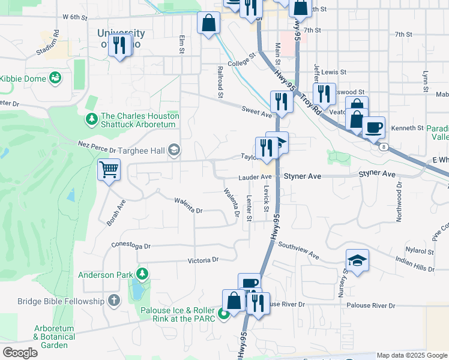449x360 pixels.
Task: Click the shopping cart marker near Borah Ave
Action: coord(109,170)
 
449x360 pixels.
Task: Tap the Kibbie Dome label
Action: coord(23,78)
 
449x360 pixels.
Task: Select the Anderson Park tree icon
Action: coord(142,275)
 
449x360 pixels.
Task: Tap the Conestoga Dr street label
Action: coord(130,245)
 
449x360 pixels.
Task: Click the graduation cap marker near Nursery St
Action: coord(357,260)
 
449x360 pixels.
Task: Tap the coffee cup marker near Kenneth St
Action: coord(373,127)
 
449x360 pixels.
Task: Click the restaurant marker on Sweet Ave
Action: coord(281,101)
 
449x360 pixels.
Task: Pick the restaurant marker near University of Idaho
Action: coord(120,45)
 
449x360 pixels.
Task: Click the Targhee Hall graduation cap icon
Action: coord(174,150)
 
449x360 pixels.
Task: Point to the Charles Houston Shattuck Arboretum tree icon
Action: coord(91,120)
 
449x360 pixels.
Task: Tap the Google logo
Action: coord(20,352)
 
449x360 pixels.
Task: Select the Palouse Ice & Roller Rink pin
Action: coord(223,313)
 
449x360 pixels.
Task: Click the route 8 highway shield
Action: coord(383,146)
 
